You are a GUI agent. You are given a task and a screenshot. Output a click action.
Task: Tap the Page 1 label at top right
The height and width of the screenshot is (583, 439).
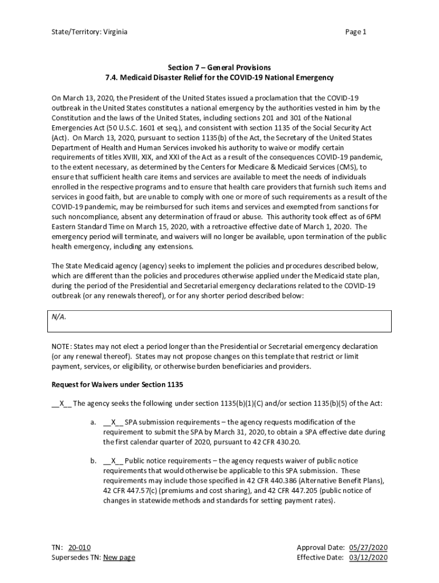tap(356, 32)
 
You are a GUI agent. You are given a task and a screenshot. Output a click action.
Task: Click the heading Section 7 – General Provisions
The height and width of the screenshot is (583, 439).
tap(219, 68)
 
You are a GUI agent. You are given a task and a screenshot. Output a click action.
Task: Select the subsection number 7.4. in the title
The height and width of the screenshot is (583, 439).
tap(113, 77)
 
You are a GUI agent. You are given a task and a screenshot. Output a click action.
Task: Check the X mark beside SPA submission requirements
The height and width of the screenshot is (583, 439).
tap(113, 422)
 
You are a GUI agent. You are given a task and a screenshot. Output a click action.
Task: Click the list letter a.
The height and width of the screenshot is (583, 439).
tap(93, 422)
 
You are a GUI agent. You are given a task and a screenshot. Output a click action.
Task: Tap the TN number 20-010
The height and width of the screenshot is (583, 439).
tap(79, 548)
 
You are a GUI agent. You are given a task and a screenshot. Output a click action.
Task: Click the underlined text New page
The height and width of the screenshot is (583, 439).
tap(119, 557)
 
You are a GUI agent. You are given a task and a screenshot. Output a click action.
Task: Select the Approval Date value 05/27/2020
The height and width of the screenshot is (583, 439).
tap(368, 548)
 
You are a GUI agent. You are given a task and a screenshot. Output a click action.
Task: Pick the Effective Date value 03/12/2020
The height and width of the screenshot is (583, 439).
tap(368, 557)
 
